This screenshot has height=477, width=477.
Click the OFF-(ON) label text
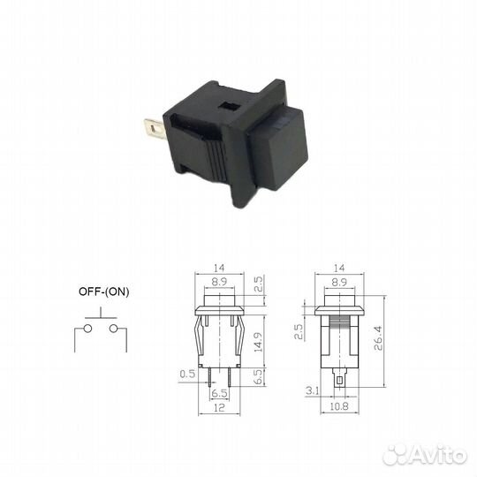click(104, 291)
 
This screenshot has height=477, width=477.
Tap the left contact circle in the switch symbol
click(88, 329)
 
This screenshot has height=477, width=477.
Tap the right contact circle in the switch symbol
click(114, 329)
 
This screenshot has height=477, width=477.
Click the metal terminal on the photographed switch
click(155, 130)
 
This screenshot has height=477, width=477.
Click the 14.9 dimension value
click(258, 342)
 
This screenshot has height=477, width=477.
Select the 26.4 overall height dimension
click(378, 338)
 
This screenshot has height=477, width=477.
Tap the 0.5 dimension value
click(187, 374)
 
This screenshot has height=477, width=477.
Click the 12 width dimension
click(219, 407)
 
